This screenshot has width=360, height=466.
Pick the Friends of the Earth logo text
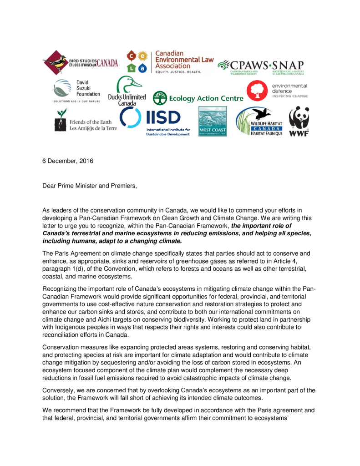pos(93,125)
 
